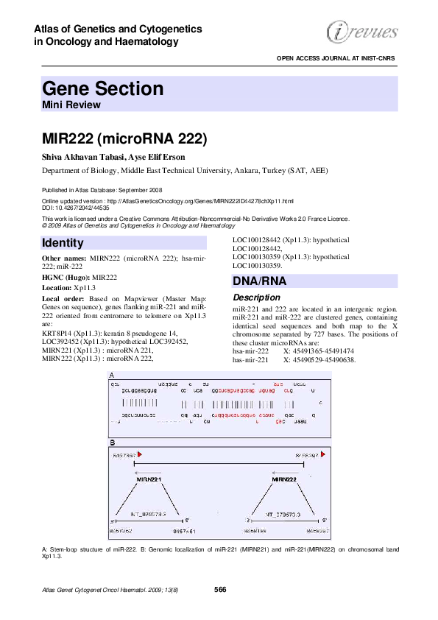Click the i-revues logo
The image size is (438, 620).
coord(361,32)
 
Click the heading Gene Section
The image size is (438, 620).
coord(102,89)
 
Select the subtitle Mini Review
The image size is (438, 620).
coord(71,105)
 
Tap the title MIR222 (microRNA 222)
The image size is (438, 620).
coord(124,139)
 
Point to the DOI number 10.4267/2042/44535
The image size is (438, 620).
coord(88,208)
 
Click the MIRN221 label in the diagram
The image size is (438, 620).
coord(149,479)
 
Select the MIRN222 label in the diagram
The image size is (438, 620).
coord(283,479)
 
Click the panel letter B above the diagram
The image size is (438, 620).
coord(112,443)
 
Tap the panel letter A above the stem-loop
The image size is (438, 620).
coord(112,374)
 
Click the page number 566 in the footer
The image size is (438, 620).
coord(219,589)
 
